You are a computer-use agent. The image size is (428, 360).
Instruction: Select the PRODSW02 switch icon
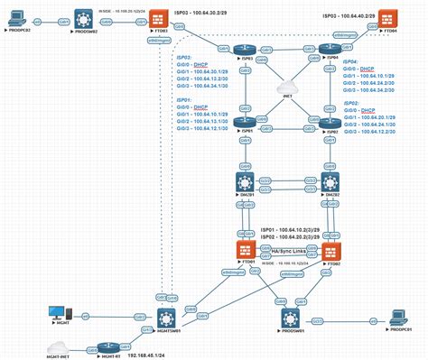coord(86,18)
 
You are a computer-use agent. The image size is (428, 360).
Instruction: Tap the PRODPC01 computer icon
coord(396,317)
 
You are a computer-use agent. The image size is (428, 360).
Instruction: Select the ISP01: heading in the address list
coord(184,100)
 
